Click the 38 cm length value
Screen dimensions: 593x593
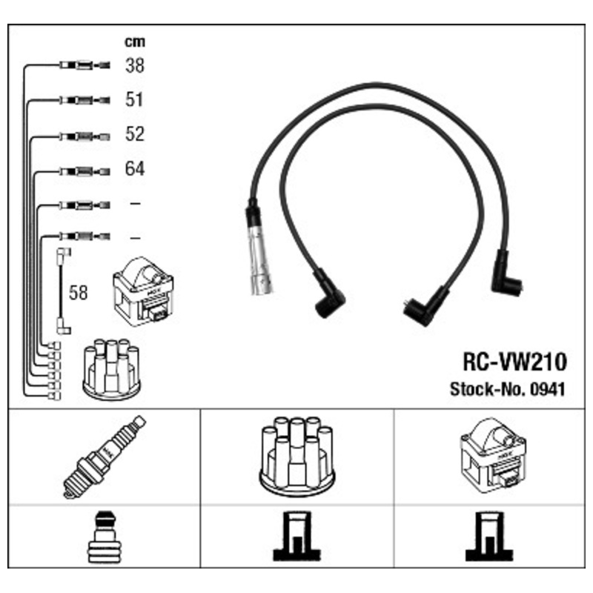(134, 66)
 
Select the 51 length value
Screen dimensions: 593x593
(134, 100)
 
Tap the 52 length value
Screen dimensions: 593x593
(134, 135)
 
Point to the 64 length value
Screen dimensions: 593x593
(134, 169)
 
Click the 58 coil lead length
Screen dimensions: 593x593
(78, 292)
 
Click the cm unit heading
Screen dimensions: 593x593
(134, 42)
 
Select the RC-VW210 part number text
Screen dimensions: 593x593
(514, 362)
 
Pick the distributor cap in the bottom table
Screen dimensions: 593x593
(296, 455)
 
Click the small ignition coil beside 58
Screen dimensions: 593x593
(142, 291)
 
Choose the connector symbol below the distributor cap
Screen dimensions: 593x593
(296, 537)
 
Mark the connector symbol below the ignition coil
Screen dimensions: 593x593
(488, 537)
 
